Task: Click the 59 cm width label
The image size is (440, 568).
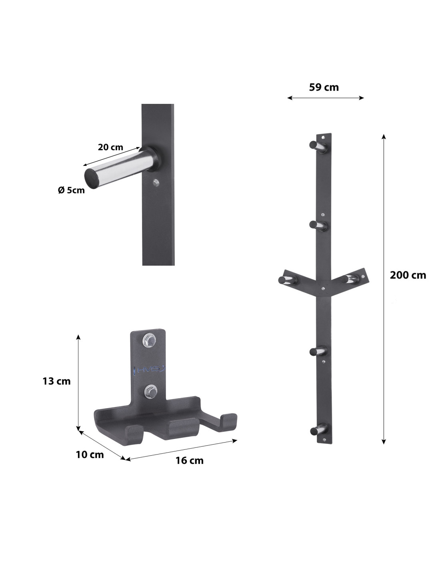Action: (x=324, y=87)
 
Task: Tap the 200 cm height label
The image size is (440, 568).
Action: (x=408, y=275)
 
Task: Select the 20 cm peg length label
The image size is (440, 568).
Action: (x=110, y=147)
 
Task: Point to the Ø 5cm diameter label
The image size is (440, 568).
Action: (x=71, y=190)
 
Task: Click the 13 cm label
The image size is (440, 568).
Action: (x=56, y=381)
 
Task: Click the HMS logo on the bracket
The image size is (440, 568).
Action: (x=150, y=369)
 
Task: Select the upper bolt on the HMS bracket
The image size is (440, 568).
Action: (x=149, y=340)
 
